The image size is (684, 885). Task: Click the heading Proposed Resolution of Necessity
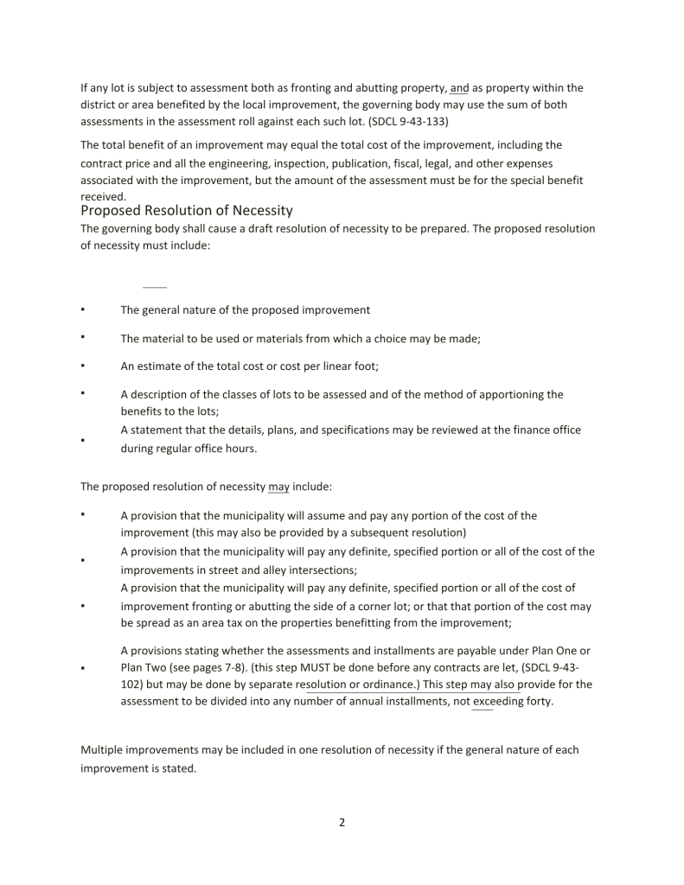tap(186, 211)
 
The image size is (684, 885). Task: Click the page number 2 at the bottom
tap(342, 822)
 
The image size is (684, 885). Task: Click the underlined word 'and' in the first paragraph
tap(459, 88)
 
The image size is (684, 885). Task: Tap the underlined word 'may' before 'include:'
tap(278, 487)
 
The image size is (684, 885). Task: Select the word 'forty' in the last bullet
tap(536, 701)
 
